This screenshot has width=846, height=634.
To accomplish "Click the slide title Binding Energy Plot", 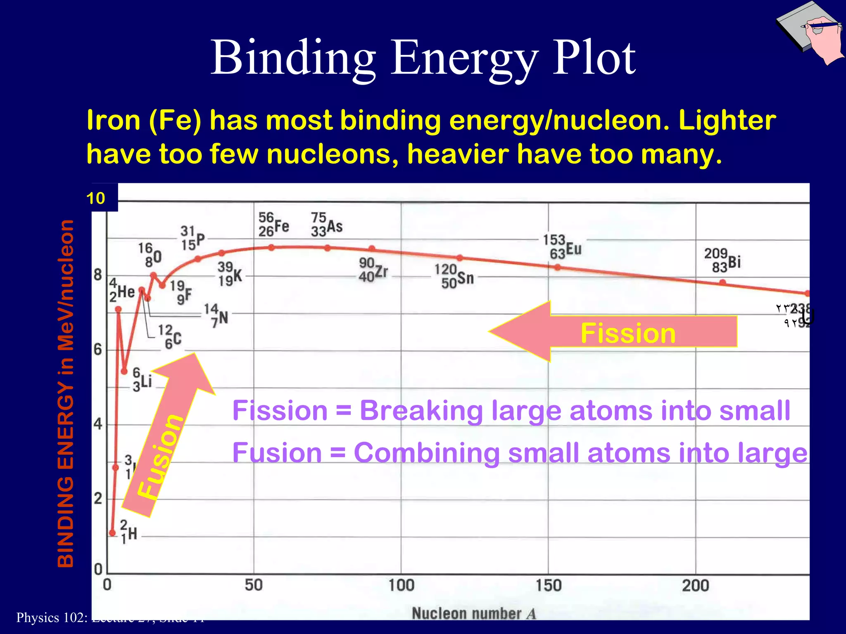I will click(x=423, y=58).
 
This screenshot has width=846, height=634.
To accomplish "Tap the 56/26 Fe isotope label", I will click(x=273, y=225).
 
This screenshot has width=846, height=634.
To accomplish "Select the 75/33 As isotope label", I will click(x=326, y=225).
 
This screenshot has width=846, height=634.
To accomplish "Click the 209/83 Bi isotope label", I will click(x=722, y=260).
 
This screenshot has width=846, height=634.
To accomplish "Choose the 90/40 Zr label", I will click(x=373, y=270).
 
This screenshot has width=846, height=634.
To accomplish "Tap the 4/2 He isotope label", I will click(x=122, y=291).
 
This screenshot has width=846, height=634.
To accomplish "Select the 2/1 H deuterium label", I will click(x=128, y=532).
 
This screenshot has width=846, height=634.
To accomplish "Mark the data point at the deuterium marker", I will click(x=112, y=533).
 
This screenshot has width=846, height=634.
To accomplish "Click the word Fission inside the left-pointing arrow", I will click(x=628, y=334).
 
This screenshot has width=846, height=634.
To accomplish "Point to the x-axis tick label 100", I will click(x=401, y=585).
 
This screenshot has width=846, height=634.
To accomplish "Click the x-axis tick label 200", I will click(x=695, y=585).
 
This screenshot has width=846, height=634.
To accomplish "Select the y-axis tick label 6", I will click(x=97, y=350).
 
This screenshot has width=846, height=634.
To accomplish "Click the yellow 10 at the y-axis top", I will click(x=96, y=199).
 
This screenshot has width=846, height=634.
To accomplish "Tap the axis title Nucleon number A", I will click(x=473, y=613).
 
